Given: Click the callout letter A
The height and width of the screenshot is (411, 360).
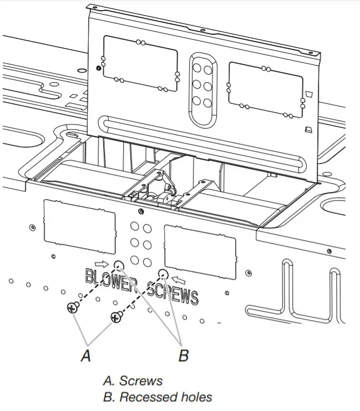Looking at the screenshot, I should pos(85,356).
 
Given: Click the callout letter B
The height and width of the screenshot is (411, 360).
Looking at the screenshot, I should pos(183,356).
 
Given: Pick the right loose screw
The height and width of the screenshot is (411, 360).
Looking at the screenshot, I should pos(115,317).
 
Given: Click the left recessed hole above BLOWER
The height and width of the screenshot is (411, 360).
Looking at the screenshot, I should pos(119,264).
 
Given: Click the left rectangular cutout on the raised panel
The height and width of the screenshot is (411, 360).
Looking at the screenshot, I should pos(140,63).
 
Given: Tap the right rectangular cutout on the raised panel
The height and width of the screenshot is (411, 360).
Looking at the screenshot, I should pos(264,89).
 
